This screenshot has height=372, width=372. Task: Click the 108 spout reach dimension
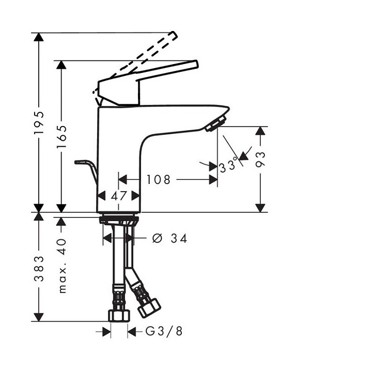158,180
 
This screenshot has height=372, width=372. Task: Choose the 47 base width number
119,196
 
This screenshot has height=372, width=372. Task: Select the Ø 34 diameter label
170,238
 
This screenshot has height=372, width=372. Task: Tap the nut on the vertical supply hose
118,315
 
